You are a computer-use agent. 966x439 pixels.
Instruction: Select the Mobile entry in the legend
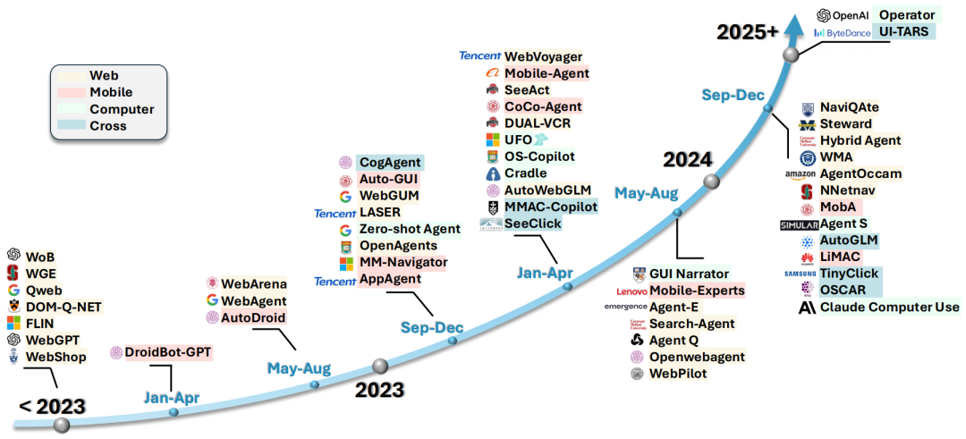tap(111, 92)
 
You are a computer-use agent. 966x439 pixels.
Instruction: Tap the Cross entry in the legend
tap(108, 126)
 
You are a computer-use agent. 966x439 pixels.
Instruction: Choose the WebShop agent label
tap(55, 358)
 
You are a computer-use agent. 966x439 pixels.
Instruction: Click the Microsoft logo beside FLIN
tap(13, 324)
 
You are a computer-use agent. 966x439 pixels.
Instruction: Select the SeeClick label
tap(533, 224)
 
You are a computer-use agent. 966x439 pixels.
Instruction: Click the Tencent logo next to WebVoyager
tap(479, 55)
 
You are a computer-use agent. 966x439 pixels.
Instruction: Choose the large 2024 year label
tap(687, 160)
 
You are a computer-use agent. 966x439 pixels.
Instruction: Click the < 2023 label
tap(52, 407)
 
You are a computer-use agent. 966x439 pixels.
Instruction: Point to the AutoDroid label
tap(255, 317)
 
